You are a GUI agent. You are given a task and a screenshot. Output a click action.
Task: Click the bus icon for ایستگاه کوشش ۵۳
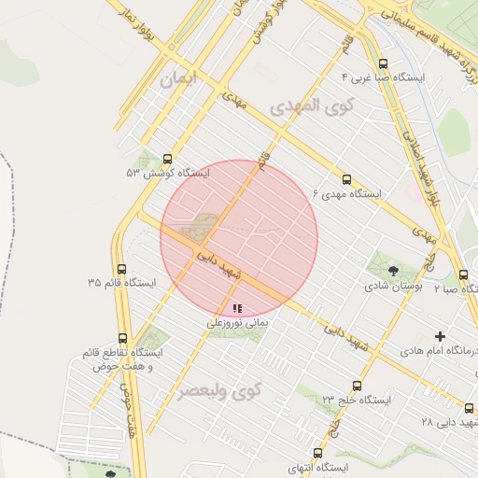168,159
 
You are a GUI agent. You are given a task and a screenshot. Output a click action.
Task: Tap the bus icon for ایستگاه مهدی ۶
346,179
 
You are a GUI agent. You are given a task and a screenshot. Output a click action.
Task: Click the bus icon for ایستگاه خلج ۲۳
357,386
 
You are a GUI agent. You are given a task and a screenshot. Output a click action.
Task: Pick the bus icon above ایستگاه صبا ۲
464,274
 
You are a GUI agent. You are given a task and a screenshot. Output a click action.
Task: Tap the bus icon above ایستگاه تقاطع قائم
122,339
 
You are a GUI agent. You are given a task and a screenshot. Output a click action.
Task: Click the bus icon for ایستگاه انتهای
317,453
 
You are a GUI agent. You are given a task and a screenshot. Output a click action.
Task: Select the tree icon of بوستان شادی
392,271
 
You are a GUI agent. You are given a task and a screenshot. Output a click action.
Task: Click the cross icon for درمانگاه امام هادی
441,336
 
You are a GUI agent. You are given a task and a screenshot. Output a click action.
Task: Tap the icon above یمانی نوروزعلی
237,307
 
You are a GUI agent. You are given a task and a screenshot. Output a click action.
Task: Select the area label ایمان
180,80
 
